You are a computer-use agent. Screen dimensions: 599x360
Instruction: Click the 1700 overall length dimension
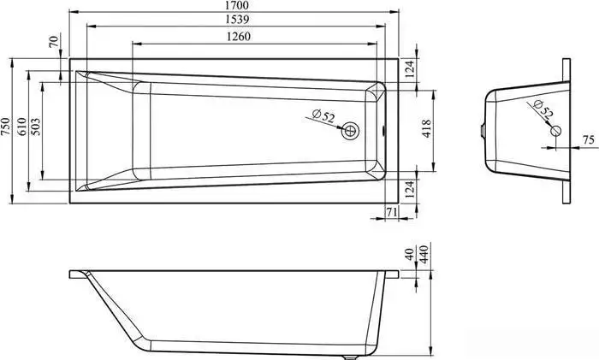(x=237, y=5)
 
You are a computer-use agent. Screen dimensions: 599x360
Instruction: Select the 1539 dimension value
(x=237, y=19)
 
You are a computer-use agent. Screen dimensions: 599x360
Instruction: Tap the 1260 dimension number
(x=239, y=37)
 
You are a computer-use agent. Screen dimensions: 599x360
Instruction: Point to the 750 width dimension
(x=5, y=127)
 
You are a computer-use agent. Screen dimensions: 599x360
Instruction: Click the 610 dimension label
(x=21, y=127)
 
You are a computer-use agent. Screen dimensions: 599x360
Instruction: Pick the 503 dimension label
(x=35, y=127)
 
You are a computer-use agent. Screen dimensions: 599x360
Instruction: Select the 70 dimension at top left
(x=54, y=41)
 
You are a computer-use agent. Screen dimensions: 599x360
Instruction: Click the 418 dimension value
(x=426, y=128)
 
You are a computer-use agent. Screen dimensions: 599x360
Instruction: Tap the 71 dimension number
(x=391, y=212)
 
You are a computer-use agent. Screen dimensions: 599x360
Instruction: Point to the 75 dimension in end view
(x=589, y=140)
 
